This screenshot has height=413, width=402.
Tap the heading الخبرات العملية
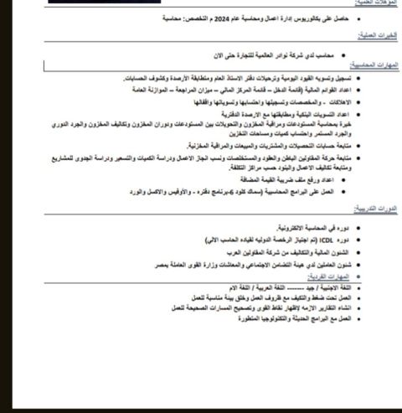pos(374,34)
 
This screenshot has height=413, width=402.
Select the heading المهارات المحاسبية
pos(371,64)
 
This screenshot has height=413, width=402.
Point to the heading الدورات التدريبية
pos(373,207)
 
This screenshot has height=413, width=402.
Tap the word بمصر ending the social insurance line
pos(163,264)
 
